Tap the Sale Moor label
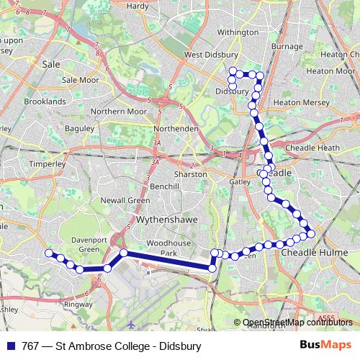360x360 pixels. click(x=80, y=81)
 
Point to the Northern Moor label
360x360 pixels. click(x=119, y=112)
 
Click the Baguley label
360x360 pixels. click(x=80, y=128)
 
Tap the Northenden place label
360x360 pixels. click(x=176, y=128)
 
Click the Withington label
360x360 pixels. click(x=238, y=32)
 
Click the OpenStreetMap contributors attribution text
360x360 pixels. click(x=297, y=323)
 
